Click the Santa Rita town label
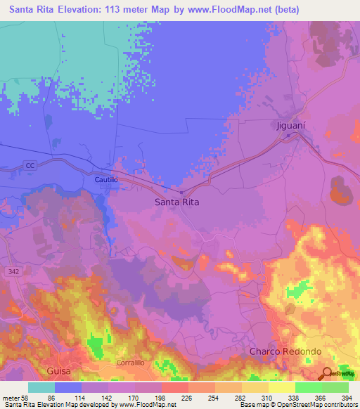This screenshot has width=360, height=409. [x=176, y=202]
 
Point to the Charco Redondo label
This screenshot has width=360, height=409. [x=286, y=351]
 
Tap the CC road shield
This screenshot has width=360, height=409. [x=29, y=165]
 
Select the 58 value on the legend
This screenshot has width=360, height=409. [x=27, y=397]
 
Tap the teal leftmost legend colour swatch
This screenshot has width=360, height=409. [x=41, y=387]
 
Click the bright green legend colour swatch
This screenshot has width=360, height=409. [x=308, y=387]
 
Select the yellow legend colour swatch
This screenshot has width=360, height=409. [x=255, y=387]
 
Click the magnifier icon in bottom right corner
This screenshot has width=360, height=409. [x=327, y=373]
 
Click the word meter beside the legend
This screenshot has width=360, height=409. [x=11, y=397]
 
